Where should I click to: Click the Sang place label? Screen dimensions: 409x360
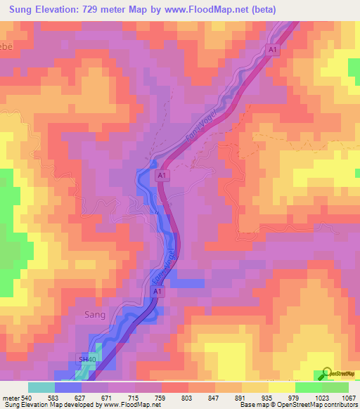[95, 315]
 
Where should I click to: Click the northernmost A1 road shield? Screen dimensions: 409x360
[274, 48]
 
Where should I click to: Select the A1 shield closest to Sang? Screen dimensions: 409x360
[157, 291]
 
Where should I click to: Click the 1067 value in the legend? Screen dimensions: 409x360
[347, 397]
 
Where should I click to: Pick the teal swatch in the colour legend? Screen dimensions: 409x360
[41, 387]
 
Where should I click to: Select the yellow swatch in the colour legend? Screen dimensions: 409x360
[281, 387]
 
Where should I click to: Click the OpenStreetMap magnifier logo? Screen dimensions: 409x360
[327, 373]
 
